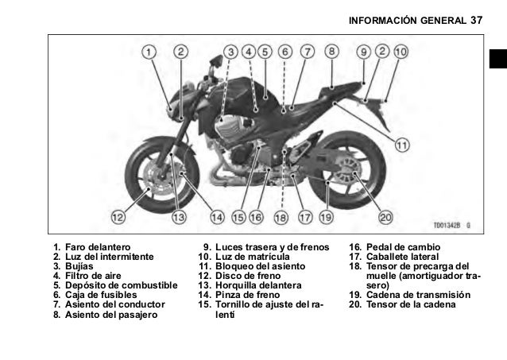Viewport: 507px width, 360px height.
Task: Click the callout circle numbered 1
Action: [149, 52]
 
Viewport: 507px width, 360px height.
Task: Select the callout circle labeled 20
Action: [386, 215]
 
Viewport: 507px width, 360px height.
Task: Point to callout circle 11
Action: [402, 145]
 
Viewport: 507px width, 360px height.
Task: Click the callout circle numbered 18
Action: [280, 216]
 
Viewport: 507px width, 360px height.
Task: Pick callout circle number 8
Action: [331, 52]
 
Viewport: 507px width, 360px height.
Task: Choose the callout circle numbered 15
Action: [238, 215]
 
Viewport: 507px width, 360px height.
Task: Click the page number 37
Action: [477, 16]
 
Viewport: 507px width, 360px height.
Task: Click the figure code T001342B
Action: [449, 225]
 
